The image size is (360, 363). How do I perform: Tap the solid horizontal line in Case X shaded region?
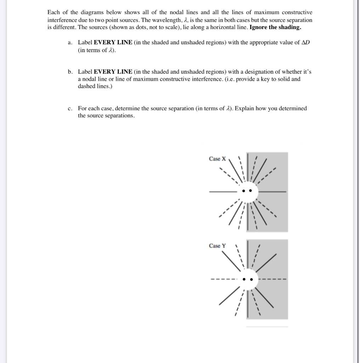[x=275, y=192]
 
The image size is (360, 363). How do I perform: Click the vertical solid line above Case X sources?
[x=247, y=167]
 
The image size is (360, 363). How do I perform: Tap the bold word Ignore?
[x=259, y=27]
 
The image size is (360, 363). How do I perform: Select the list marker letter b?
[x=70, y=72]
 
